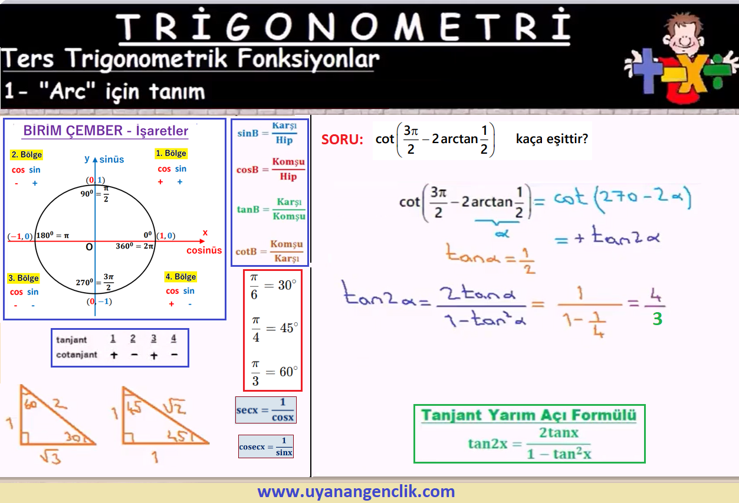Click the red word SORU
342,140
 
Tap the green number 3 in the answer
657,319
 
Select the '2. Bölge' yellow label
27,154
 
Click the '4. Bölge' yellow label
180,277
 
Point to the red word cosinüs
204,250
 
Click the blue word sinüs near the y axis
112,160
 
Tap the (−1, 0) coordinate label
20,236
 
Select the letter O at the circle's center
89,247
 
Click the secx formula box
266,410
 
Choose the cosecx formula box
266,446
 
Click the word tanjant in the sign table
71,340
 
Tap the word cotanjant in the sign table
77,355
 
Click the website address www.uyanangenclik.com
356,491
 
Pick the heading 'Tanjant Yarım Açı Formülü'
529,415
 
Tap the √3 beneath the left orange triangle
51,456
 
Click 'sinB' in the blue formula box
248,134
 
